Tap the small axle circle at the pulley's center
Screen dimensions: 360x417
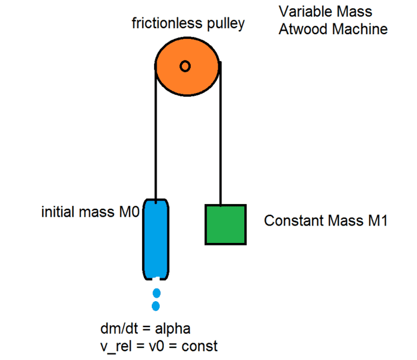(x=185, y=66)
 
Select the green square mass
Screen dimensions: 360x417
(x=225, y=224)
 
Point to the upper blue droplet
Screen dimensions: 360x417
(x=157, y=293)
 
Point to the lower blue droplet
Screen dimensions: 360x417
(x=156, y=306)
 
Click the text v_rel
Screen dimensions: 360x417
(x=118, y=347)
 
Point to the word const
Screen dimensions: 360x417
(x=201, y=347)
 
